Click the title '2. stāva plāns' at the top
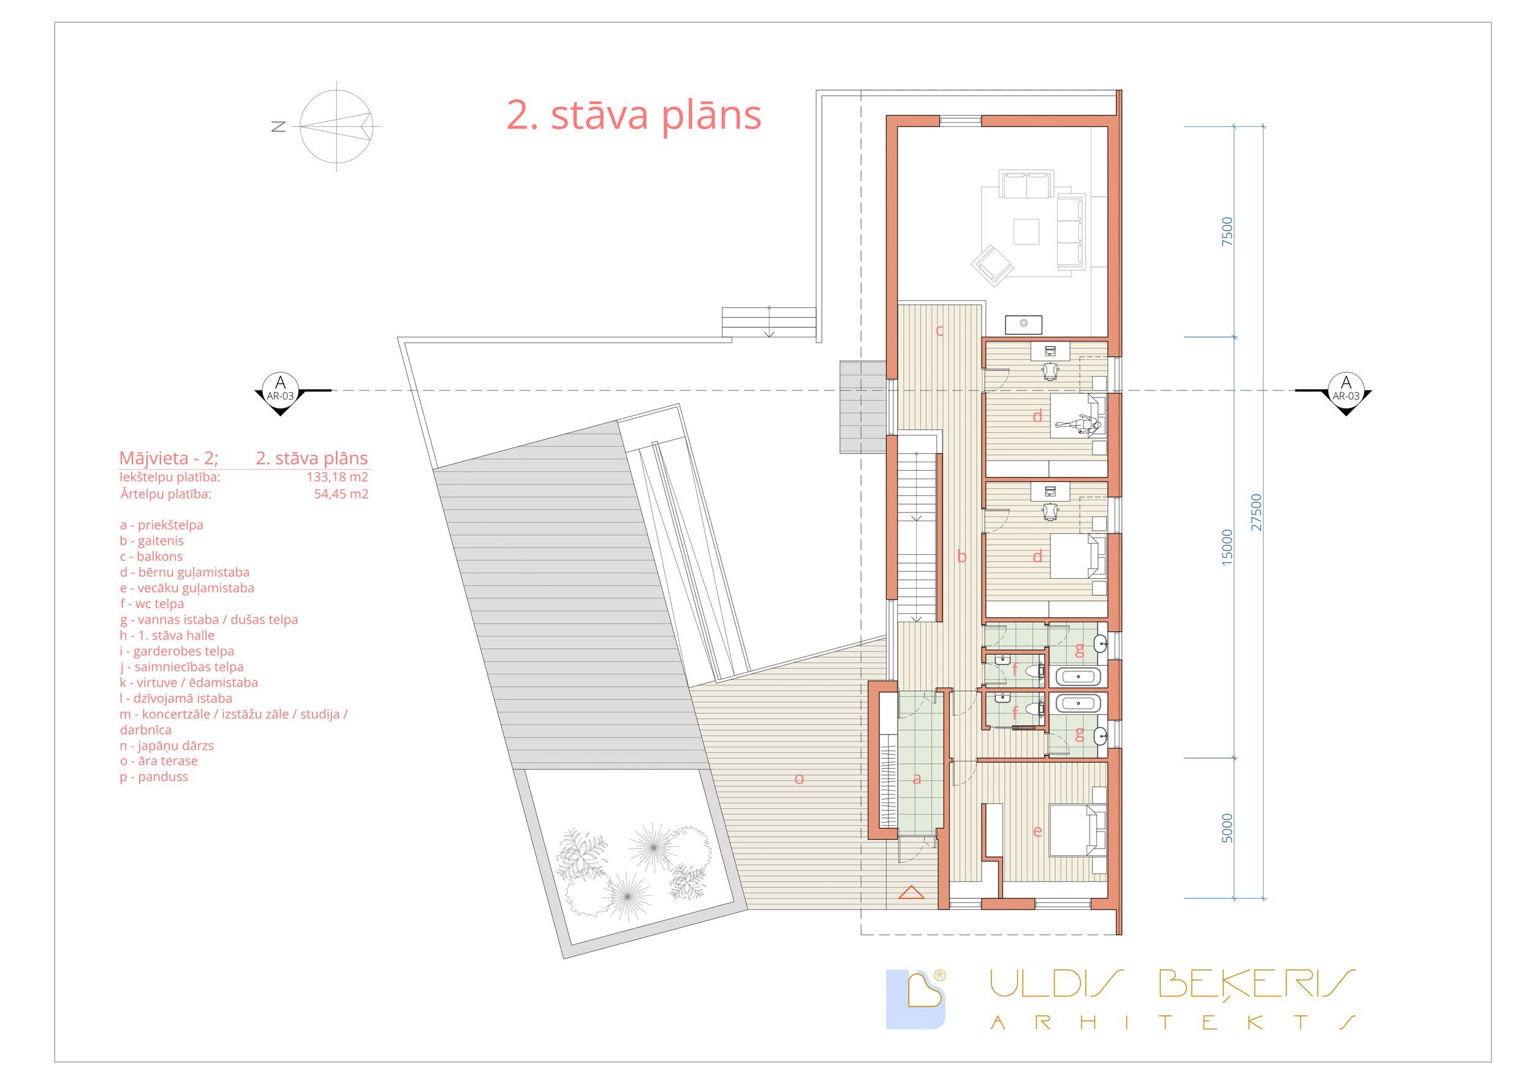[x=634, y=115]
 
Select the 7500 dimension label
[x=1227, y=232]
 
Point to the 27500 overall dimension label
[x=1256, y=512]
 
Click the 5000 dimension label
[x=1227, y=828]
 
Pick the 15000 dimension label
[x=1227, y=548]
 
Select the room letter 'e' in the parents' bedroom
[x=1037, y=831]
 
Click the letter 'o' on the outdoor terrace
[x=798, y=779]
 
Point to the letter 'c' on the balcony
[x=939, y=330]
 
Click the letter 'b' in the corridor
[x=961, y=556]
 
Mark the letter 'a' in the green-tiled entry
[x=917, y=779]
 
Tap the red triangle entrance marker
[x=911, y=893]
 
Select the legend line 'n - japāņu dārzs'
[x=167, y=746]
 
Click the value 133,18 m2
[x=337, y=476]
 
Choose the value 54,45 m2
[x=341, y=494]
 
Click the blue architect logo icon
[x=916, y=999]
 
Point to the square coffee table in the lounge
[x=1026, y=232]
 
